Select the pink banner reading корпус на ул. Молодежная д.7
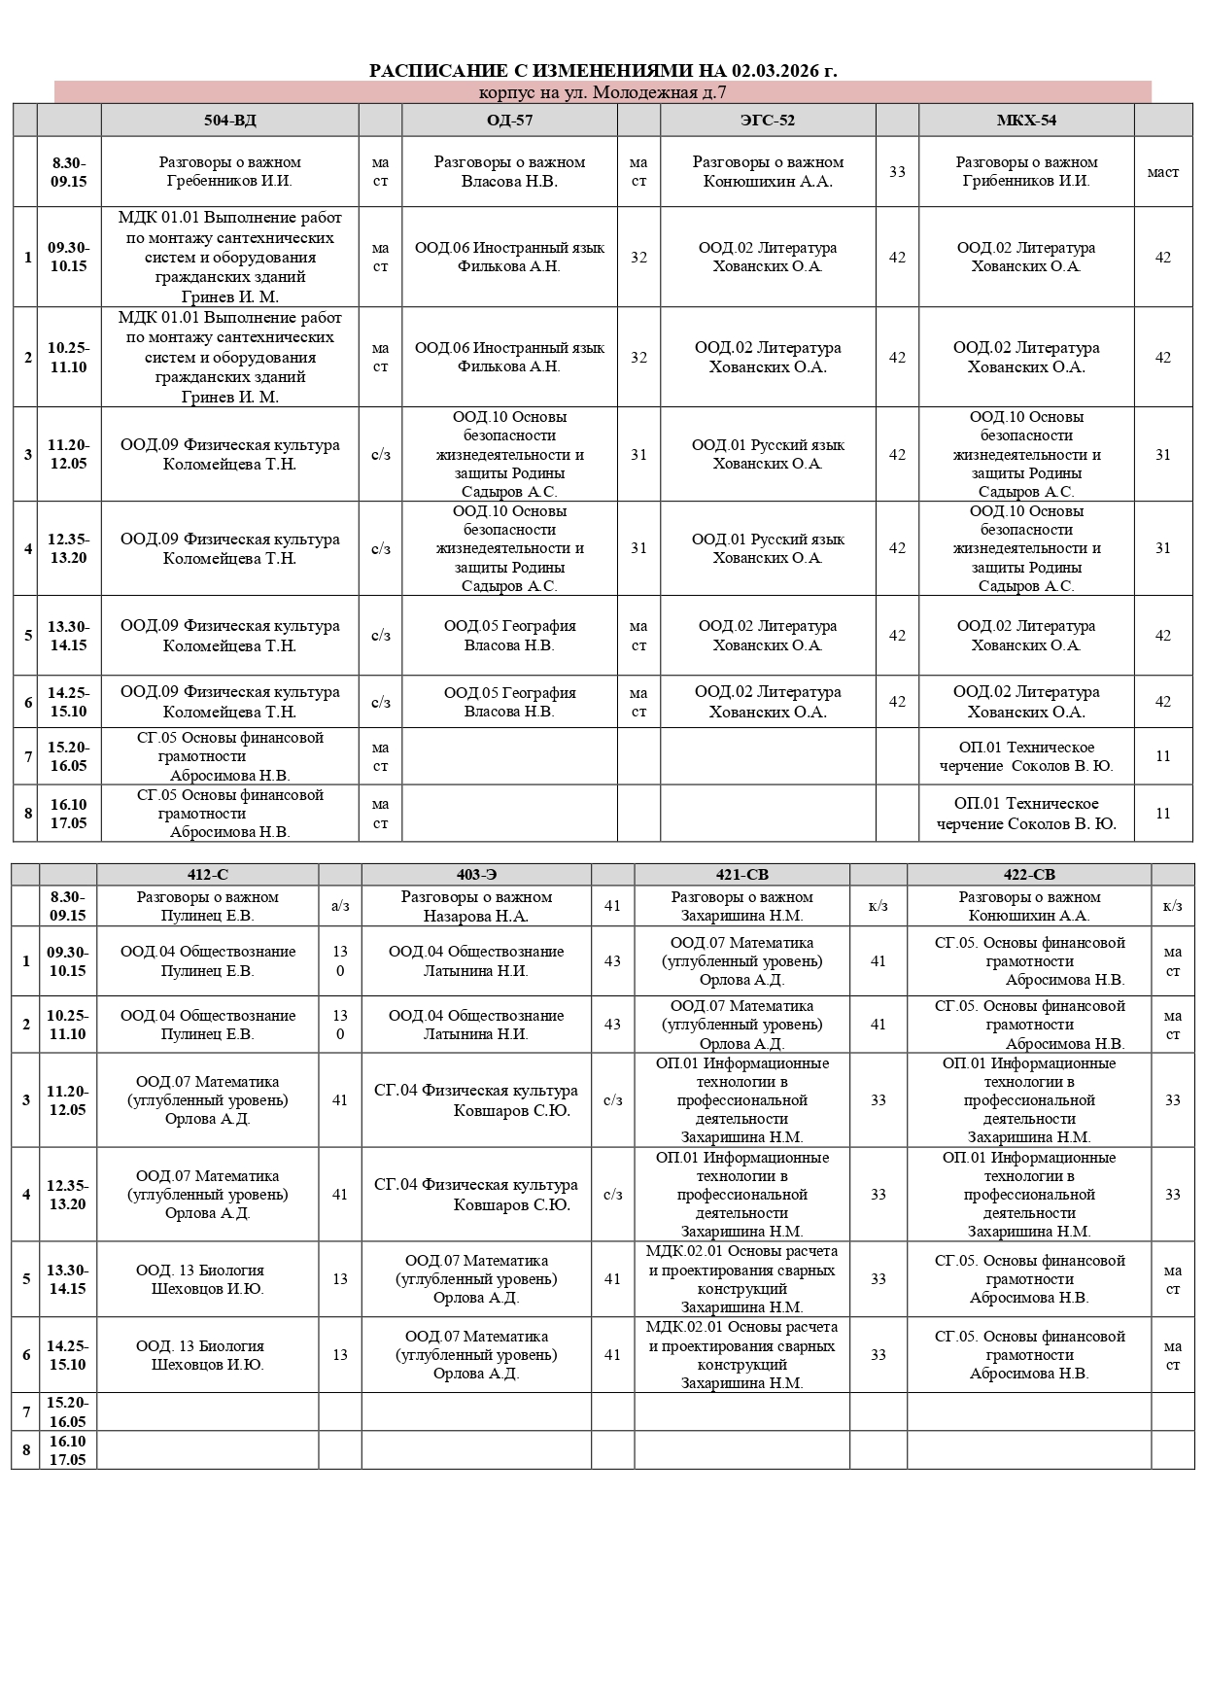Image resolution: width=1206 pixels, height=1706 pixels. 603,92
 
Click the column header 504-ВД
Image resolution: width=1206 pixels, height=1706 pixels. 230,121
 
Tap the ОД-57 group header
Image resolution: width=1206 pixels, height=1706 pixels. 509,121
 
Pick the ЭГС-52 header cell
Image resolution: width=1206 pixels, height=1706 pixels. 768,121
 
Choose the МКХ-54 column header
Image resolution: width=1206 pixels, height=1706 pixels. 1026,121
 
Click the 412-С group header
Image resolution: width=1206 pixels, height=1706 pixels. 208,875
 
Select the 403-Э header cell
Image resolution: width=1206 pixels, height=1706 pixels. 476,875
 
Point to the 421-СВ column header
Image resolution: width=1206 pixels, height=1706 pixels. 741,875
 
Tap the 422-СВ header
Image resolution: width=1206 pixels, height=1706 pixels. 1029,875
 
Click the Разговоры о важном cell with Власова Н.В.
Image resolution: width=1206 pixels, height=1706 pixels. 509,172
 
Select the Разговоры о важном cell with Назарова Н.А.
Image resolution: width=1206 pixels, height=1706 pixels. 476,906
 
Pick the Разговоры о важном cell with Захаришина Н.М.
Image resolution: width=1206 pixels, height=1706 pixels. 741,906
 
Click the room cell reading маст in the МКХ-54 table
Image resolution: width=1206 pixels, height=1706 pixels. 1163,172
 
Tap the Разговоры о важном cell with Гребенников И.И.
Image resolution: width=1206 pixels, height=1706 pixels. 230,172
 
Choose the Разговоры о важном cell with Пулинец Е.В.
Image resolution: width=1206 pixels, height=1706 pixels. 208,906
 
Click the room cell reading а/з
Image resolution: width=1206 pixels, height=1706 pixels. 340,906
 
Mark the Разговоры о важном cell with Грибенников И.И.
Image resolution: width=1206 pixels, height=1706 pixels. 1026,172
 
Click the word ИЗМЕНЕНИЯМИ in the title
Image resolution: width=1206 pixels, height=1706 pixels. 611,71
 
